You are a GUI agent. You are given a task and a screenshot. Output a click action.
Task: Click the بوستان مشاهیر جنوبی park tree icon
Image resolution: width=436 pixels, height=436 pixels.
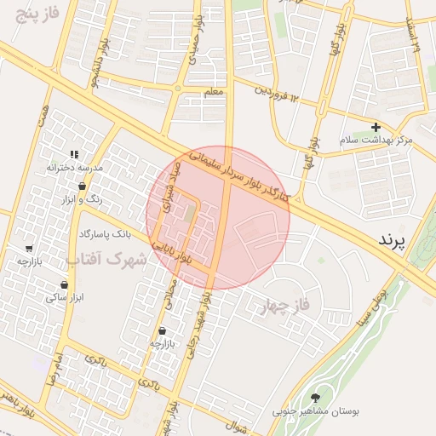click(x=317, y=397)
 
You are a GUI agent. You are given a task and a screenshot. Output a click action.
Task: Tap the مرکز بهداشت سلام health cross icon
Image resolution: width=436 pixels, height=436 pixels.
click(x=376, y=127)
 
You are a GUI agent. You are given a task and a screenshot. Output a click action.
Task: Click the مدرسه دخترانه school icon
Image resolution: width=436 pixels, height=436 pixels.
click(x=74, y=154)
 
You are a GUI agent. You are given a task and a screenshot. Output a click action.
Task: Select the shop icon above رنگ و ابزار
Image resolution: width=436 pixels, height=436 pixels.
click(x=82, y=186)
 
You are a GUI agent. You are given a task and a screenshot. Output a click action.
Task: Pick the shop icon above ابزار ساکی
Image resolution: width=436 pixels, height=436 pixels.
click(x=64, y=284)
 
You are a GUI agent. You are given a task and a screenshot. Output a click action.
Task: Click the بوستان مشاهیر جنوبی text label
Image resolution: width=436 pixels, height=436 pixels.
click(x=316, y=411)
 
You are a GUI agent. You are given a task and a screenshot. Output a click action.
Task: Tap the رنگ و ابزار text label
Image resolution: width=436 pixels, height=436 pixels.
click(x=83, y=198)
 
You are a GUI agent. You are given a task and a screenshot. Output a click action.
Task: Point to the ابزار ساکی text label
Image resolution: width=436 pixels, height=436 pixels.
click(x=64, y=297)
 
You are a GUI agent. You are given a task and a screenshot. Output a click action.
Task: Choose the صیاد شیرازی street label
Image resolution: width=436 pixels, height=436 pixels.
click(x=170, y=186)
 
